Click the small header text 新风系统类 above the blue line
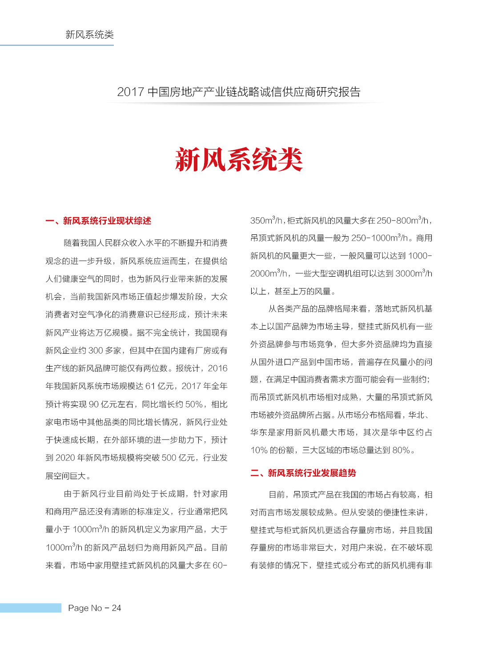pos(89,35)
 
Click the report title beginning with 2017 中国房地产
pos(239,92)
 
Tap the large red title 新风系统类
pos(239,160)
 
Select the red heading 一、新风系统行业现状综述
pos(98,221)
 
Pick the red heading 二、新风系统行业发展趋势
pos(303,473)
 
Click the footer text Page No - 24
pos(94,608)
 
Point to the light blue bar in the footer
pos(30,608)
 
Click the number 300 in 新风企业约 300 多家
pos(96,351)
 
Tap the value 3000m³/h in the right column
pos(414,274)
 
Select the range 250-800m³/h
pos(403,221)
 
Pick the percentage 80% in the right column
pos(401,450)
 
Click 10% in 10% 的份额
pos(259,450)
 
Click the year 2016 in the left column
pos(217,368)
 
